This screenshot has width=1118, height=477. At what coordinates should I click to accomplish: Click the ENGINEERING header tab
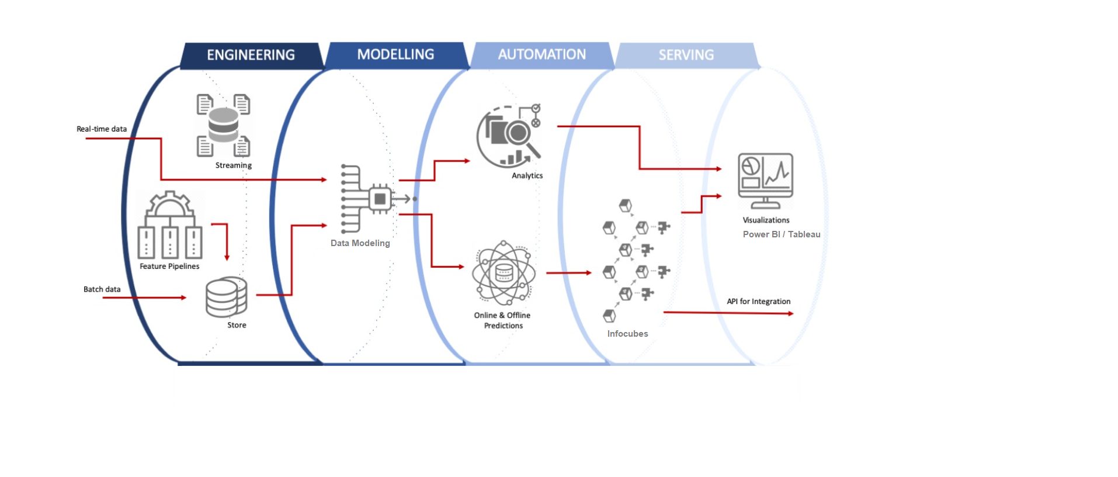[251, 55]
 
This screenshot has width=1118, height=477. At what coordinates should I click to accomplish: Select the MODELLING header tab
[395, 54]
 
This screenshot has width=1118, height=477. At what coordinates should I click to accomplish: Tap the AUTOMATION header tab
[541, 54]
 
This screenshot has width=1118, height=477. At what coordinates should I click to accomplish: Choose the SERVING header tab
[686, 55]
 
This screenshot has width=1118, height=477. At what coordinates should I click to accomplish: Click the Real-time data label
[102, 129]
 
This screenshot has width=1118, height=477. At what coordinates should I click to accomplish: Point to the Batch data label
[102, 289]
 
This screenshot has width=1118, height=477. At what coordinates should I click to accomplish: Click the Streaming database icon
[223, 125]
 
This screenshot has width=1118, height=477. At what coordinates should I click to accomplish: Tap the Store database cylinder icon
[226, 297]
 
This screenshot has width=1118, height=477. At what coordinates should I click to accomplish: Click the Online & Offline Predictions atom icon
[504, 273]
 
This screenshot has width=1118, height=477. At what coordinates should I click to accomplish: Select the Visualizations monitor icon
[765, 180]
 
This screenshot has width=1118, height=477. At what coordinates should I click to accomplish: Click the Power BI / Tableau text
[781, 234]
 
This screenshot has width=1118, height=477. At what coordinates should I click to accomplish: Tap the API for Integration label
[758, 301]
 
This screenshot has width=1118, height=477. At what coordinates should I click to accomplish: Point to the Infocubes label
[627, 334]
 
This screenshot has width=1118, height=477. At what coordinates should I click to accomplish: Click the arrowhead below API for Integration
[790, 314]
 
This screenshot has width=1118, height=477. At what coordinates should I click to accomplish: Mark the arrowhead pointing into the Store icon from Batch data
[183, 298]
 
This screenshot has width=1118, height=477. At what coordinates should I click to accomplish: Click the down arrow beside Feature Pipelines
[227, 257]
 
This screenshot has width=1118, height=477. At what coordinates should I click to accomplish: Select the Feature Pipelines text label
[169, 266]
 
